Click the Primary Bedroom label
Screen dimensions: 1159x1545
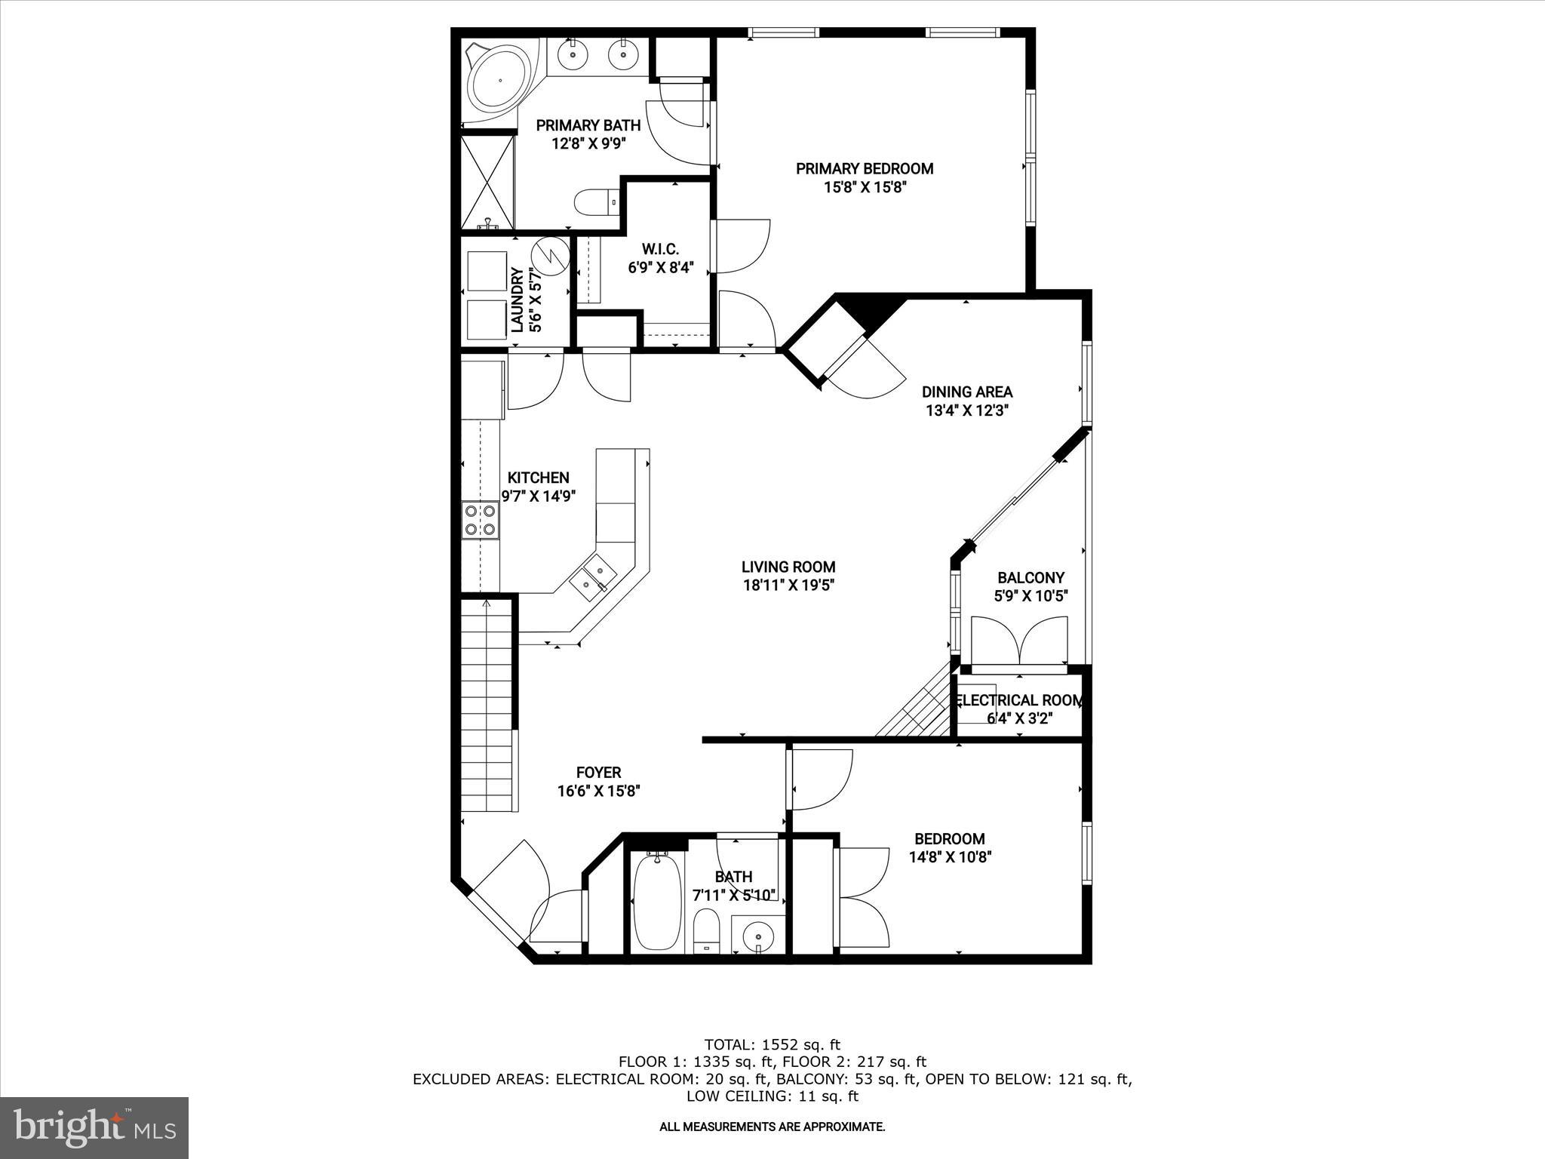tap(865, 168)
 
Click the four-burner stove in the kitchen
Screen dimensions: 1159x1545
tap(481, 520)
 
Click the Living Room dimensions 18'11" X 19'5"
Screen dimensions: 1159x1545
tap(788, 585)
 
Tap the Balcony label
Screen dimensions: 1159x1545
tap(1031, 578)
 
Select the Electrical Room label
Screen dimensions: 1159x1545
tap(1019, 700)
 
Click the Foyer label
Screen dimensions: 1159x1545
tap(598, 773)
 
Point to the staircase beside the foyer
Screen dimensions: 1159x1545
tap(488, 702)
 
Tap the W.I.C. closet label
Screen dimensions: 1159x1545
tap(660, 249)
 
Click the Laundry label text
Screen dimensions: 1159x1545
tap(518, 300)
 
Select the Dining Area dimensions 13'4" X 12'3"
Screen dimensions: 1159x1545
tap(967, 411)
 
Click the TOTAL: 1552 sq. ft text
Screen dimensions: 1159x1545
tap(772, 1045)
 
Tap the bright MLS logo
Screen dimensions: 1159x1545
tap(94, 1127)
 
